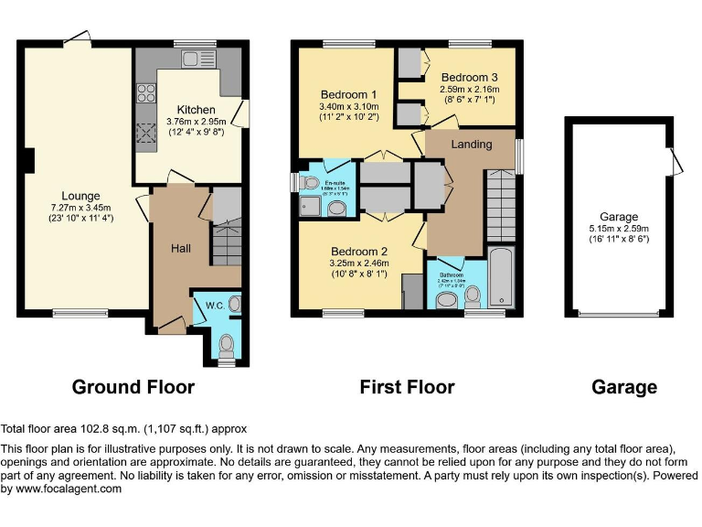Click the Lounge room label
coord(80,196)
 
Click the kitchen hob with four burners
coord(146,93)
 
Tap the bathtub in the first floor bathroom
coord(502,277)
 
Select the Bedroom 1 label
coord(349,94)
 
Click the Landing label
coord(472,144)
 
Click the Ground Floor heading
coord(133,387)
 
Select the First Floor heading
coord(407,387)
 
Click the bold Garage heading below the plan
coord(624,387)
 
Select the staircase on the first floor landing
coord(500,205)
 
